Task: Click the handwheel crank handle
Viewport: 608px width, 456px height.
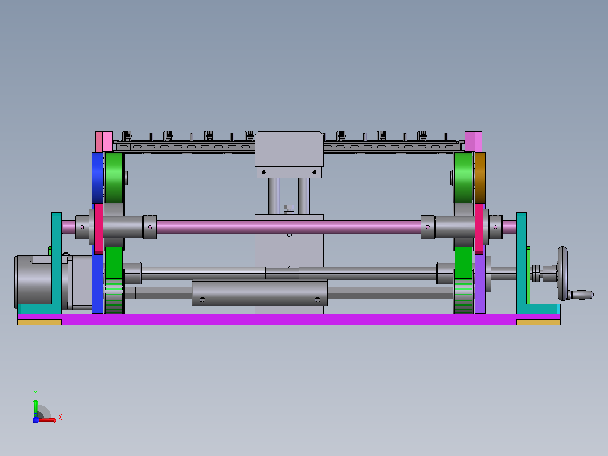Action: pos(581,295)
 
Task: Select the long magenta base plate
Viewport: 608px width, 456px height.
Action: pos(289,319)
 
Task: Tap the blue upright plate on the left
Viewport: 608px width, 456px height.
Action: pos(98,233)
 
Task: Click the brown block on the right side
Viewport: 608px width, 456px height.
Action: pos(480,178)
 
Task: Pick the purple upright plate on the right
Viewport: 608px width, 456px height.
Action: pos(480,283)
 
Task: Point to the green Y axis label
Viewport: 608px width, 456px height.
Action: pos(36,392)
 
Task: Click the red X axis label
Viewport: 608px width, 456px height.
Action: pos(60,418)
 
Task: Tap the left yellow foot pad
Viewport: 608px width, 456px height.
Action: pos(39,322)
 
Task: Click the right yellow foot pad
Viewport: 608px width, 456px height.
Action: pos(538,322)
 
